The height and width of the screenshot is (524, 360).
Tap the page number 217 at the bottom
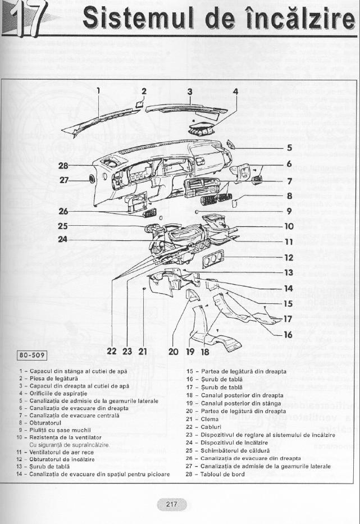172,504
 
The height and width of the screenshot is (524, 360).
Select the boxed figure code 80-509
33,354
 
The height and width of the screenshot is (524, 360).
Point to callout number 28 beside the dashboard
63,166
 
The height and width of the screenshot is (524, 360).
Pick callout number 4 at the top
235,91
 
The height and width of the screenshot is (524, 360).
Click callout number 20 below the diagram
173,352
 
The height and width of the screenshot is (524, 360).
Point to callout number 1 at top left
98,90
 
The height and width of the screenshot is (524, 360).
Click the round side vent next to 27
90,180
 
